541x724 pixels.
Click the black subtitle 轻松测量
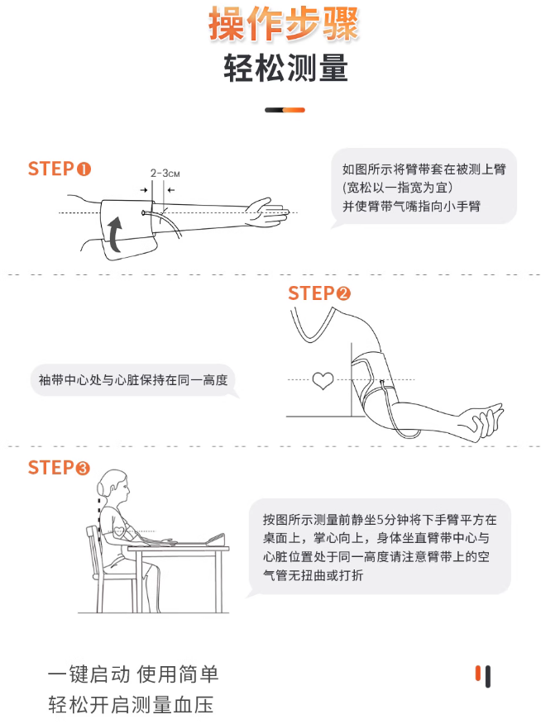(x=285, y=69)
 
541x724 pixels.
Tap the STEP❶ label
(x=60, y=169)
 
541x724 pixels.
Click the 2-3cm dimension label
(x=165, y=174)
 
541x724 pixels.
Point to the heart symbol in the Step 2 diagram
(x=323, y=381)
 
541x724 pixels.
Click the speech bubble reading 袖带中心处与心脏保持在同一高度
(x=133, y=381)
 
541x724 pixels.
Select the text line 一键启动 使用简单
(x=133, y=674)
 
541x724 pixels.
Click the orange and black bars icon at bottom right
(x=484, y=676)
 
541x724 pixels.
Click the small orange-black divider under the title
(x=285, y=110)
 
